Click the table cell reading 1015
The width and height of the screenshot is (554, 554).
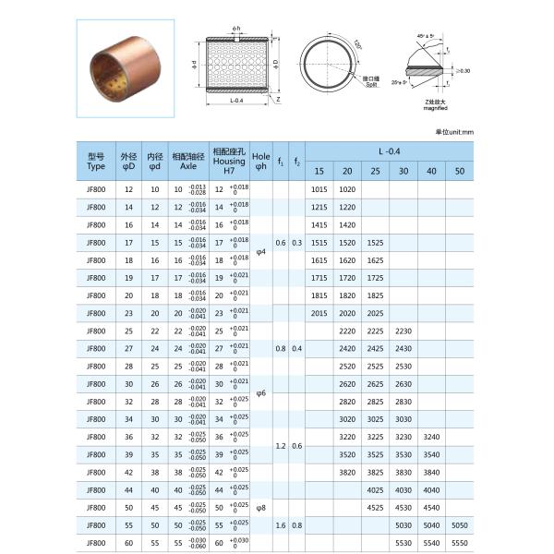pyautogui.click(x=319, y=188)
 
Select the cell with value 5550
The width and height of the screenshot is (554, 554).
pyautogui.click(x=460, y=542)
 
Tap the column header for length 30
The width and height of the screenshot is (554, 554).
pyautogui.click(x=403, y=171)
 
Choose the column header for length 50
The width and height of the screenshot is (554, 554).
pyautogui.click(x=460, y=171)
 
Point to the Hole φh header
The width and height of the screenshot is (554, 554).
pyautogui.click(x=261, y=162)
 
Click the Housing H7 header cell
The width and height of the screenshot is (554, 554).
pyautogui.click(x=229, y=162)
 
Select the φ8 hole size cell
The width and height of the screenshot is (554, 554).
pyautogui.click(x=261, y=507)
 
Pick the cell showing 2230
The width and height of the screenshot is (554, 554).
pyautogui.click(x=403, y=331)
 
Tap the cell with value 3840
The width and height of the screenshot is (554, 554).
pyautogui.click(x=403, y=472)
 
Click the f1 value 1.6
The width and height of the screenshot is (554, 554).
pyautogui.click(x=281, y=524)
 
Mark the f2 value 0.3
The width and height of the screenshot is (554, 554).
pyautogui.click(x=296, y=242)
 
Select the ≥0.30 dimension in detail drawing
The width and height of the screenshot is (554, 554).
pyautogui.click(x=463, y=70)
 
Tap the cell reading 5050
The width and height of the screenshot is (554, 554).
pyautogui.click(x=460, y=524)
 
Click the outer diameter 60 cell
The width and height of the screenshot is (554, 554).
pyautogui.click(x=128, y=542)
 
